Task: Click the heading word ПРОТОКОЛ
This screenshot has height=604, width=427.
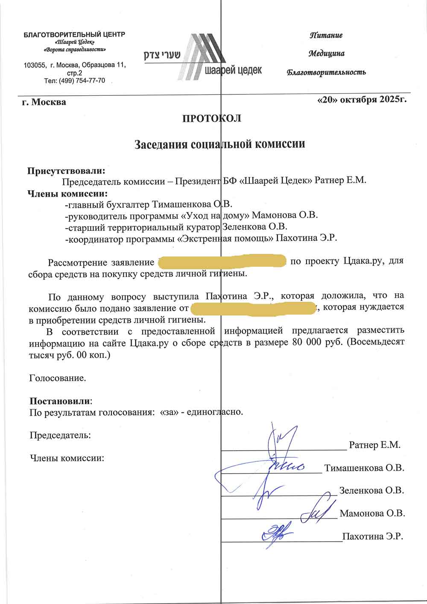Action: point(212,118)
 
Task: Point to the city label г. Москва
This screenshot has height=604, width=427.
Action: point(44,102)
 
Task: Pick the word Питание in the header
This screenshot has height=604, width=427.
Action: point(326,35)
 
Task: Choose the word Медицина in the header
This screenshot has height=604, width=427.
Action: point(327,53)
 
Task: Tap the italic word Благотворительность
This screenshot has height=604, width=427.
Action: point(326,72)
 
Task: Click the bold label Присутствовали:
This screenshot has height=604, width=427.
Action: point(66,171)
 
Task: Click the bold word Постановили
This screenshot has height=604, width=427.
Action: point(60,401)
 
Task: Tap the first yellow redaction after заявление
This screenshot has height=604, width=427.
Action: point(222,261)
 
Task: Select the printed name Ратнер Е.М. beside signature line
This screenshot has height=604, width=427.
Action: point(374,445)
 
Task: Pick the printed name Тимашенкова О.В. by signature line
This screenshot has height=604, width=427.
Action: point(364,468)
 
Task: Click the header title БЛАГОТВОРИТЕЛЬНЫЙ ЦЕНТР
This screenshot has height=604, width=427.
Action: point(74,34)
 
